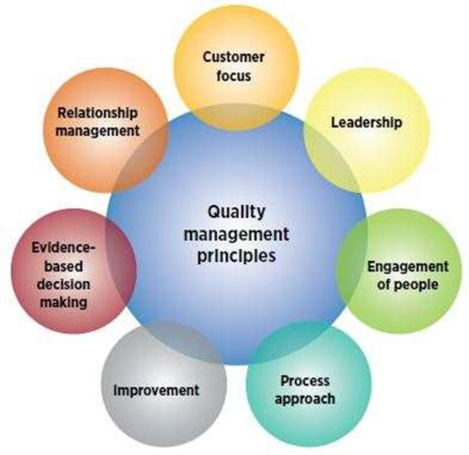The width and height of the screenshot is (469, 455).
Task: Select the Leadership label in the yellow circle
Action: [367, 122]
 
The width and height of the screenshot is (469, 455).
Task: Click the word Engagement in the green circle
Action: [407, 267]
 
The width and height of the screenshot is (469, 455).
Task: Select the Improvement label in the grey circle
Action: [156, 390]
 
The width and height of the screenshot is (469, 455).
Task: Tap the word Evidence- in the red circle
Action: [64, 249]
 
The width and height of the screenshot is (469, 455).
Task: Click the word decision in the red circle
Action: [64, 284]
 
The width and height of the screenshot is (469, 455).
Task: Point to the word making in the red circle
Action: [64, 302]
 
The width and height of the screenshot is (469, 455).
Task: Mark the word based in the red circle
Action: [64, 266]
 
